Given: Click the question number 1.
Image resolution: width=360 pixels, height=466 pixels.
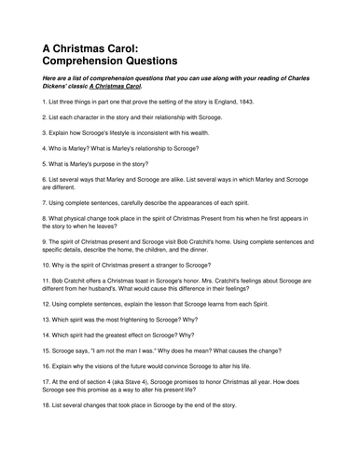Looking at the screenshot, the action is [45, 99].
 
